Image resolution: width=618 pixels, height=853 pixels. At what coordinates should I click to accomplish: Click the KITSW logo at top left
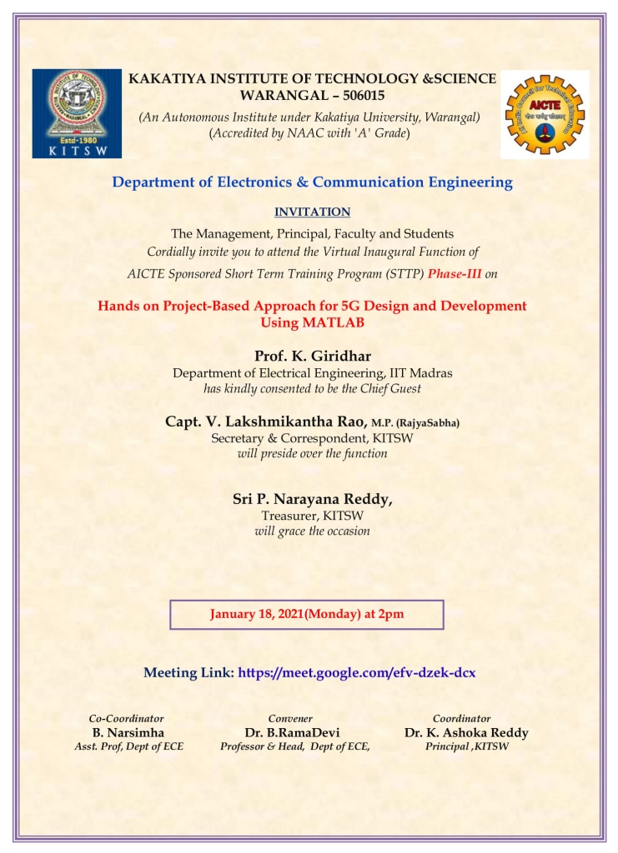point(77,113)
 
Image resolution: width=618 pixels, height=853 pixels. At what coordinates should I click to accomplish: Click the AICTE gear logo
point(545,114)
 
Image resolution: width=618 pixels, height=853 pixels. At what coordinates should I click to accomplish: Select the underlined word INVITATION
point(312,212)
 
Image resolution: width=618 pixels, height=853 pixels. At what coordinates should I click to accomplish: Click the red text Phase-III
point(455,272)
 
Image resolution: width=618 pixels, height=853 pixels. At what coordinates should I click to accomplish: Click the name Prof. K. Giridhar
point(312,357)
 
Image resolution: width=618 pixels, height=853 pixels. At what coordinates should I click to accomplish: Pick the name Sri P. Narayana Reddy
point(311,498)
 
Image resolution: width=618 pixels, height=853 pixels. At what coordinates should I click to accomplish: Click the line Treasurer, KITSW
point(312,516)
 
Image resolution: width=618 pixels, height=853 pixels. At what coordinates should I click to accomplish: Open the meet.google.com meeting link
point(357,672)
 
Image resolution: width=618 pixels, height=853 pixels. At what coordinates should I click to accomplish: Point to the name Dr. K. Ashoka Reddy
point(466,732)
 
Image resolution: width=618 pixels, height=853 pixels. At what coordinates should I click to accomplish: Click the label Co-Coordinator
point(127,718)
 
